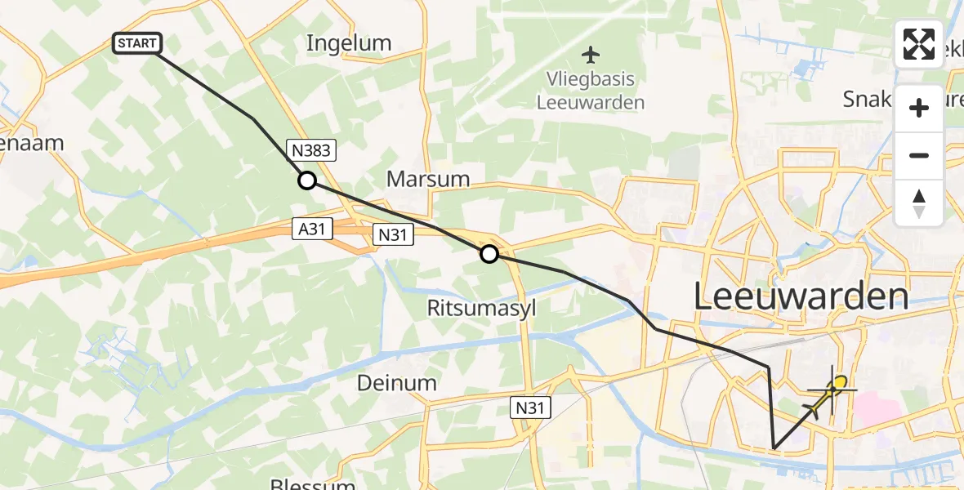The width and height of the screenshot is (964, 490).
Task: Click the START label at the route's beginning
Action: pyautogui.click(x=137, y=43)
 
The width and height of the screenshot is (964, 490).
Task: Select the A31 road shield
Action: pyautogui.click(x=313, y=230)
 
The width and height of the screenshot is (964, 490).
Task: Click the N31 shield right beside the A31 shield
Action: pyautogui.click(x=393, y=235)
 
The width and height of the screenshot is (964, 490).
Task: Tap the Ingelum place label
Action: pyautogui.click(x=349, y=43)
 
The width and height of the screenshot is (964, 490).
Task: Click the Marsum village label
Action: pyautogui.click(x=429, y=178)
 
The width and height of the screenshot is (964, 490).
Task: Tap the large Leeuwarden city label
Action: pyautogui.click(x=801, y=297)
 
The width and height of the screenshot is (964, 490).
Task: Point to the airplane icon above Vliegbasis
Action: pyautogui.click(x=591, y=55)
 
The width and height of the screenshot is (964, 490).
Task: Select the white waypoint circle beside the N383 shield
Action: pyautogui.click(x=306, y=180)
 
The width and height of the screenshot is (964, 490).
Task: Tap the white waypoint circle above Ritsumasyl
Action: pyautogui.click(x=489, y=254)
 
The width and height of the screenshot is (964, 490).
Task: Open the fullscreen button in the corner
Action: pyautogui.click(x=919, y=44)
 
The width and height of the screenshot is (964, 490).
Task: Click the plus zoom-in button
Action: pyautogui.click(x=919, y=109)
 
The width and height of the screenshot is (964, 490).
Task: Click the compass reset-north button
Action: pyautogui.click(x=919, y=203)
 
